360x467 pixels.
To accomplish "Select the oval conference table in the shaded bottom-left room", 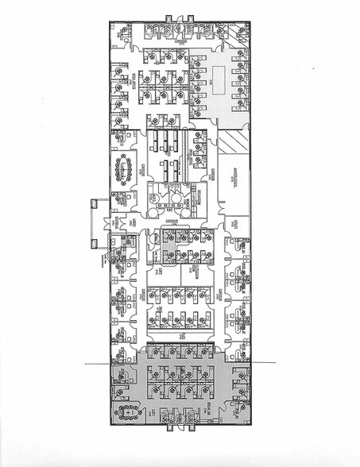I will [x=126, y=411].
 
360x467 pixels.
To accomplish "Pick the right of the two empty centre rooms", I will [x=196, y=273].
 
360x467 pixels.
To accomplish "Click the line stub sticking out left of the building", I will [x=92, y=362].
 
